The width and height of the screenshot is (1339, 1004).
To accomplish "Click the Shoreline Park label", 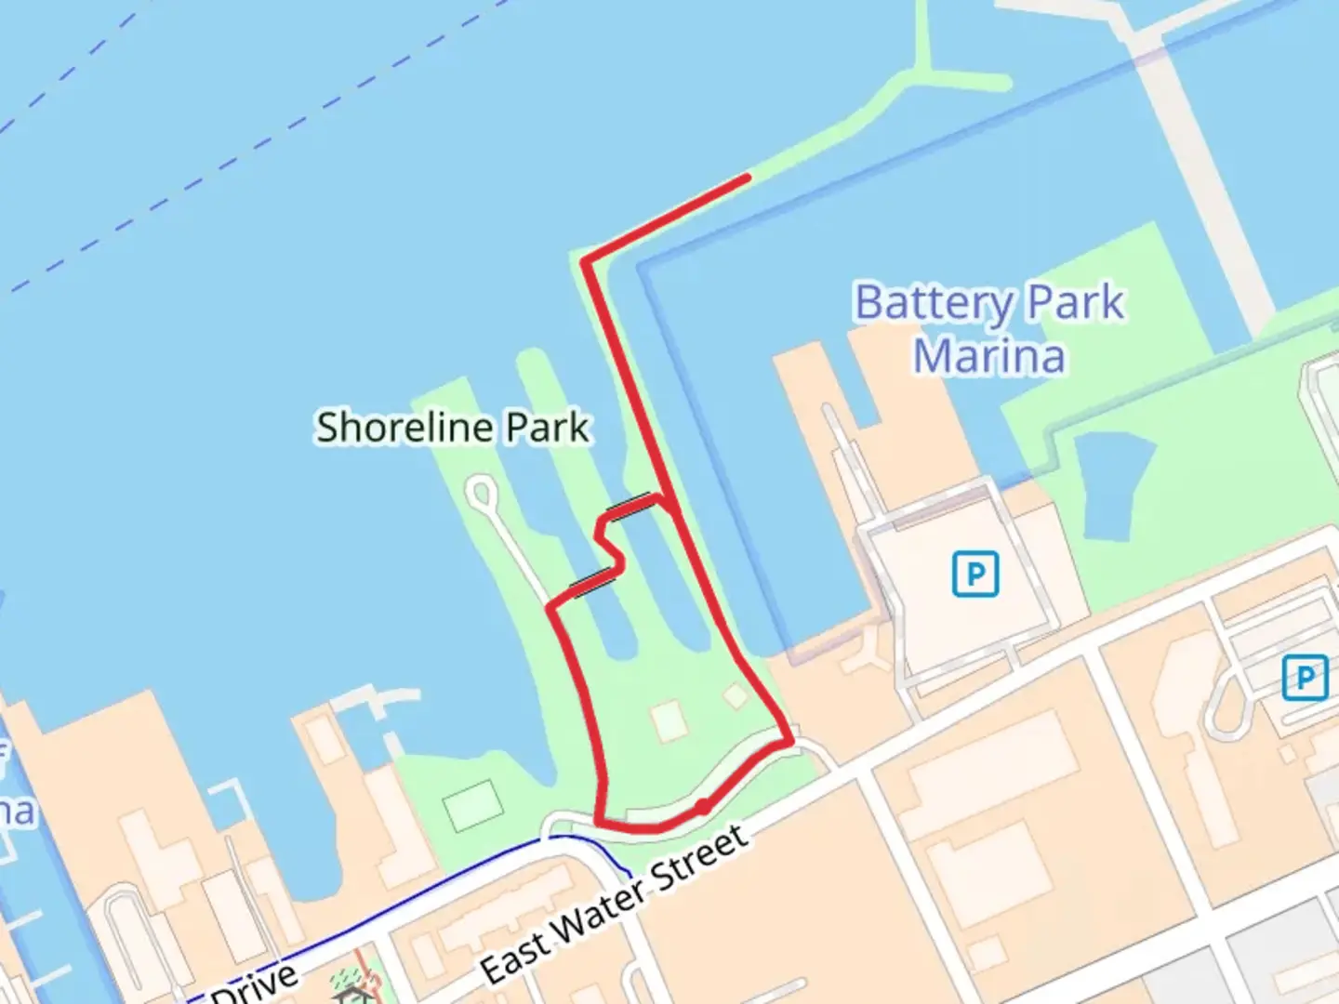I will coord(453,428).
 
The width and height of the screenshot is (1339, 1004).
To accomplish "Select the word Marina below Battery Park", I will coord(988,357).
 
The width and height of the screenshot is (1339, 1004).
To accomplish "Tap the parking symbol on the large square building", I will coord(974,574).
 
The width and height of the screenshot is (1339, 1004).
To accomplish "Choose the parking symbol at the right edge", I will coord(1304,678).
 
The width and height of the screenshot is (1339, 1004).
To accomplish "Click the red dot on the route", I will coord(704,806).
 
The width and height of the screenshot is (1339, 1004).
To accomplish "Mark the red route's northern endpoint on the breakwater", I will coord(747,176).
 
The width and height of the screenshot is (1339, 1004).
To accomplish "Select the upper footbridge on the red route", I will coord(630,505).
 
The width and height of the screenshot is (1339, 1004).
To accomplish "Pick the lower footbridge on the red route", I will coord(592,584).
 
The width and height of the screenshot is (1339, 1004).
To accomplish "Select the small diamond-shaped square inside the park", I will coord(736,695).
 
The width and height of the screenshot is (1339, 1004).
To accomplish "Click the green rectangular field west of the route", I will coord(473,806).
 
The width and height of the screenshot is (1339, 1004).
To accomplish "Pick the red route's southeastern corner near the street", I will coord(790,742).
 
